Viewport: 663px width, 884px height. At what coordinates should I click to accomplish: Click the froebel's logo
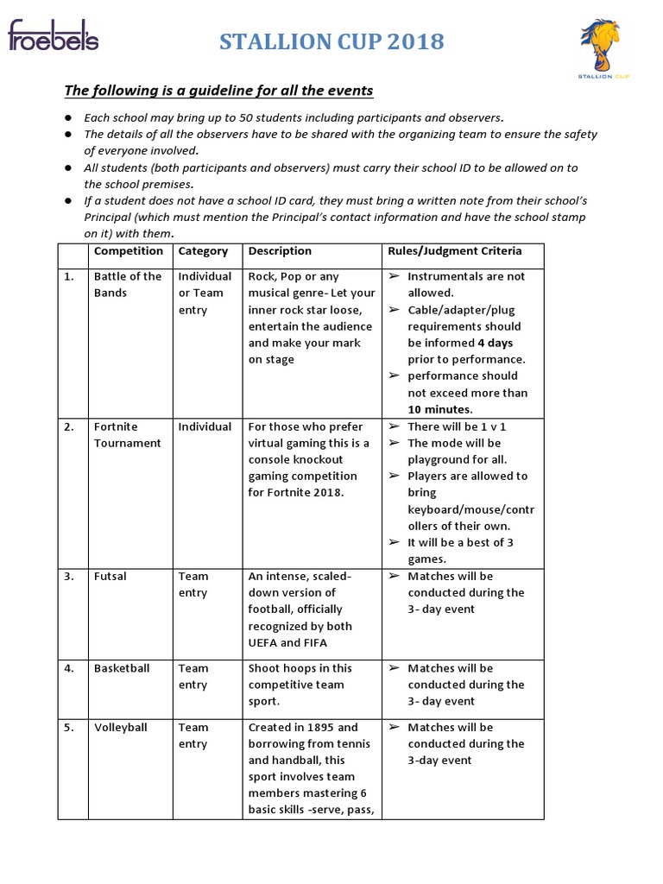(54, 37)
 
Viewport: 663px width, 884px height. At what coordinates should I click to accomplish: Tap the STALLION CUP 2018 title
(331, 41)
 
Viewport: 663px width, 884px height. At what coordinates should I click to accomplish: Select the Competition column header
(128, 251)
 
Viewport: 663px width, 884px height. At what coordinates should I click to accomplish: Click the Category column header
(203, 251)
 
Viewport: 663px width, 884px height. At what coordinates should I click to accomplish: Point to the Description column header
(280, 251)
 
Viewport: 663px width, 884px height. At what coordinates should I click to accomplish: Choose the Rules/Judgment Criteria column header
(454, 251)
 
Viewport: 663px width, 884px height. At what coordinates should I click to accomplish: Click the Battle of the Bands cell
(128, 285)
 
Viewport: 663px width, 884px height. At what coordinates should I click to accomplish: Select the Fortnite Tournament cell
(128, 435)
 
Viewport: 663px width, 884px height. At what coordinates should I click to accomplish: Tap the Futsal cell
(110, 577)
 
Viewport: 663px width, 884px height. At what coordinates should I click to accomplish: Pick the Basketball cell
(122, 668)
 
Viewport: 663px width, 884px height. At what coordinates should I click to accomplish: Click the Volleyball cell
(120, 728)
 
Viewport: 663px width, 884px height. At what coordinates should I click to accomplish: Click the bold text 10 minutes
(440, 409)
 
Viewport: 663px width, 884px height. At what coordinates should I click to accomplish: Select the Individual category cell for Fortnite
(205, 426)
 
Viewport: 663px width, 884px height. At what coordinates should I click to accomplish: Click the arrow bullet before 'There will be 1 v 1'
(394, 426)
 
